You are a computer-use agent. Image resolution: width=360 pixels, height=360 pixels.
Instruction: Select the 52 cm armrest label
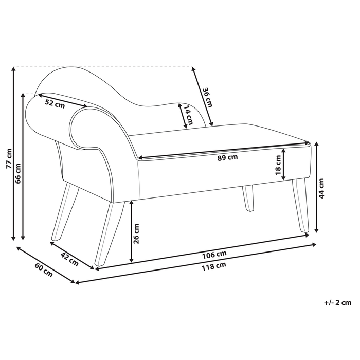click(x=55, y=103)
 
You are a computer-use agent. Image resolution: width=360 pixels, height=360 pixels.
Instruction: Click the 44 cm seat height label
click(x=322, y=188)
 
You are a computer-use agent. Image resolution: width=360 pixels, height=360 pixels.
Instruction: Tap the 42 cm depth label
click(x=69, y=258)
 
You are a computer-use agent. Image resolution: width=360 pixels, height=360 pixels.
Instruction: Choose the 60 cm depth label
click(x=44, y=269)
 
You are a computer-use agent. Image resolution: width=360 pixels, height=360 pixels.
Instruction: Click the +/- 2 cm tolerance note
click(x=335, y=303)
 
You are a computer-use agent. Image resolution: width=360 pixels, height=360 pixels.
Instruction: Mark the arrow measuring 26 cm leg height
click(x=132, y=231)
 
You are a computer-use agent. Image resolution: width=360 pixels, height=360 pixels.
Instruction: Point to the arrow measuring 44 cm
click(x=315, y=188)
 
